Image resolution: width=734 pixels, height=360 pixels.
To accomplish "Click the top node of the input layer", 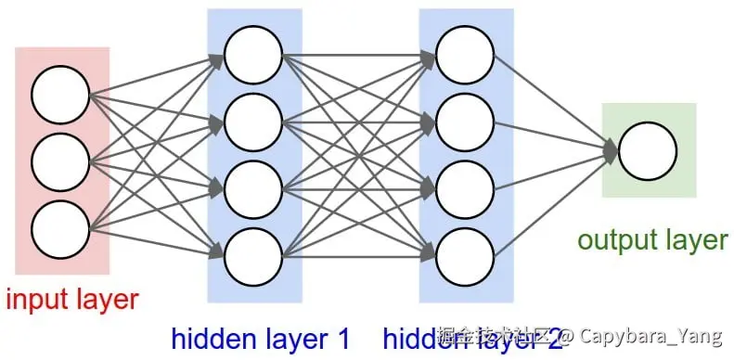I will (60, 95).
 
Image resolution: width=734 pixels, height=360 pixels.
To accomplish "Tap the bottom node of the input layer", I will (60, 226).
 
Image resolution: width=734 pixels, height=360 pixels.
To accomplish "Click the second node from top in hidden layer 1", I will (252, 121).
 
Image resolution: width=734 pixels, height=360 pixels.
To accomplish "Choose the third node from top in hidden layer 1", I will (252, 187).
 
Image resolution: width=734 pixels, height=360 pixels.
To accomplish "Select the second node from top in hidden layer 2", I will (464, 121).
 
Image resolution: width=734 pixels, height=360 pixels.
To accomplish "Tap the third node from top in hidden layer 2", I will (464, 187).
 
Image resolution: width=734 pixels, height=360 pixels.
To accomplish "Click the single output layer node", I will (648, 151).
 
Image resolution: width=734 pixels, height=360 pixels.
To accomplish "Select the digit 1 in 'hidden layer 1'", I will (341, 341).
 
